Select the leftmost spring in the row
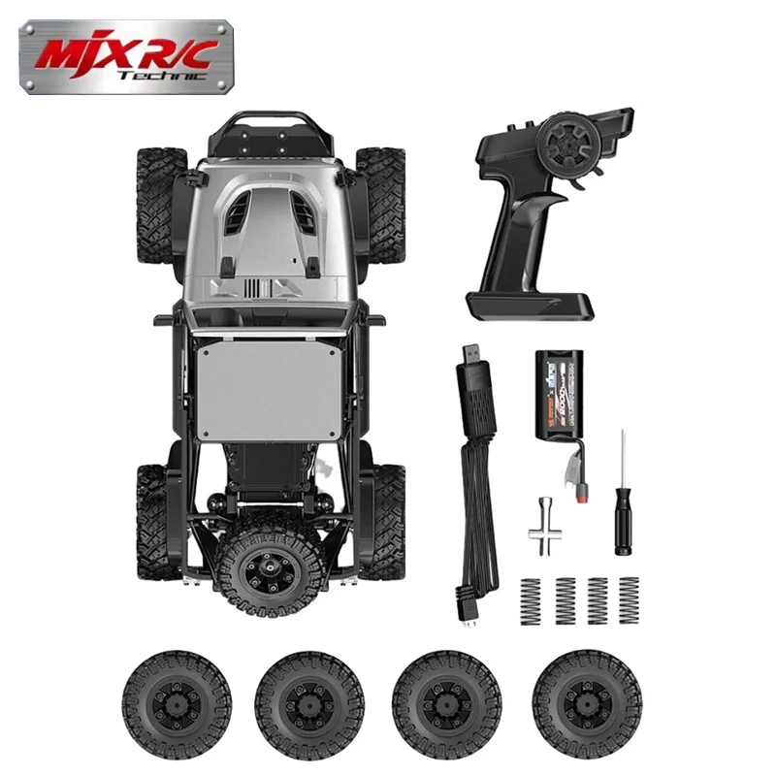(531, 599)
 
